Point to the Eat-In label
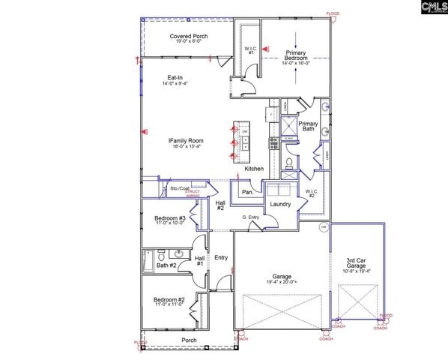(176, 78)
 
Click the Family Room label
(186, 140)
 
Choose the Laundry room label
(280, 204)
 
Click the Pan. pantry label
(246, 192)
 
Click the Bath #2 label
(166, 265)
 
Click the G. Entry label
(251, 218)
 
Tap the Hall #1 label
(200, 260)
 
